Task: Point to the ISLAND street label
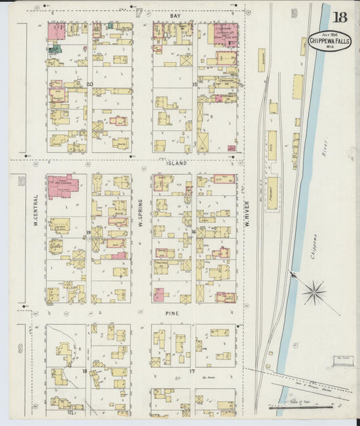point(176,163)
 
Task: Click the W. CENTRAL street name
point(36,211)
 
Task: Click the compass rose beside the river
point(313,292)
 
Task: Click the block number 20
point(89,84)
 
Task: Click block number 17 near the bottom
point(192,372)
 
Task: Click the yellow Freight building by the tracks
point(272,192)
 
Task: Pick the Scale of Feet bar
point(301,407)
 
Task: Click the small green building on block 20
point(56,48)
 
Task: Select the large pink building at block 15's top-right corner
point(226,34)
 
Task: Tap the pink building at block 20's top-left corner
point(56,31)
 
